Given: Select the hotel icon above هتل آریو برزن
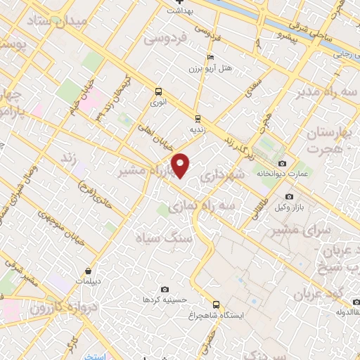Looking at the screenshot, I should point(209,58).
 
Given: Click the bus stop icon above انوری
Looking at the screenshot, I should point(158,91).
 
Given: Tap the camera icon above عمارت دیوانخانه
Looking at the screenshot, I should point(282,163).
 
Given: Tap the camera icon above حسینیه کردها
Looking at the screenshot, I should point(165,289).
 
